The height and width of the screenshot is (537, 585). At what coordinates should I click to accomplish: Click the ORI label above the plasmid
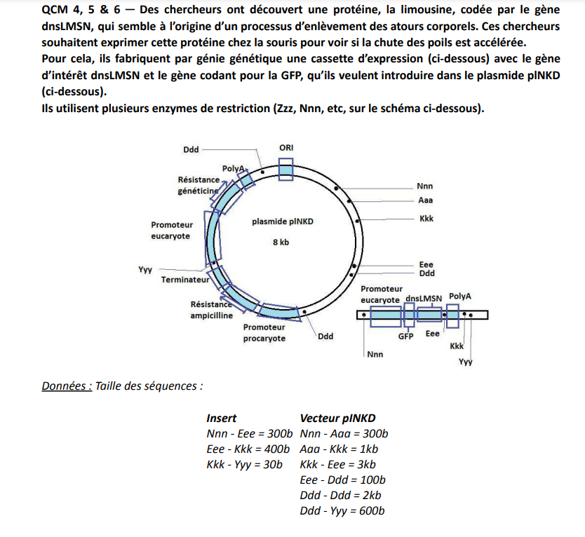(x=286, y=148)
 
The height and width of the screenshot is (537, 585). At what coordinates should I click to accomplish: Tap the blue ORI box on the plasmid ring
(x=285, y=170)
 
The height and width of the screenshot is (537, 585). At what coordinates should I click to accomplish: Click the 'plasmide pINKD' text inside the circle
(x=282, y=222)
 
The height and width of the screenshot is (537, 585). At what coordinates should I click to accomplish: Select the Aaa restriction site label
(x=424, y=200)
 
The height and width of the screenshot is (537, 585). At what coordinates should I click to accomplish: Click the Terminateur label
(x=185, y=280)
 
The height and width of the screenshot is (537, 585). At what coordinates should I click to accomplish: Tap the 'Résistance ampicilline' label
(x=210, y=310)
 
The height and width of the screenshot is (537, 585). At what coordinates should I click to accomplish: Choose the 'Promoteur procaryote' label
(x=264, y=332)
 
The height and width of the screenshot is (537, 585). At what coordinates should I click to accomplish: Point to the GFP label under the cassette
(x=405, y=337)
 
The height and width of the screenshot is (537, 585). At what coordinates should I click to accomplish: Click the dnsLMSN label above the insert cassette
(x=423, y=298)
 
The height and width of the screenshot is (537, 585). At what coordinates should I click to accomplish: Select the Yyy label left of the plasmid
(x=145, y=268)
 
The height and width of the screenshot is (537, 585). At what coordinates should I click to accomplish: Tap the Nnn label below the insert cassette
(x=375, y=354)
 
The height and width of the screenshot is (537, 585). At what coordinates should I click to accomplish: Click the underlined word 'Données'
(x=67, y=386)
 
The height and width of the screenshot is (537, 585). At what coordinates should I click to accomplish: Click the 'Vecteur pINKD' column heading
(x=337, y=418)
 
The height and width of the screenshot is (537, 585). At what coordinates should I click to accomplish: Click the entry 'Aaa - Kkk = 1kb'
(x=339, y=449)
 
